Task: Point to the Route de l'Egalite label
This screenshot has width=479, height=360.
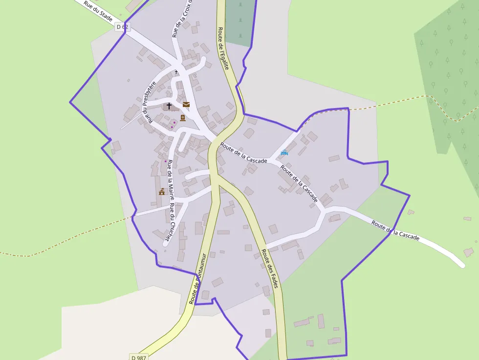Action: pyautogui.click(x=223, y=48)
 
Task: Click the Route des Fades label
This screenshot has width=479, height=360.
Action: pyautogui.click(x=269, y=268)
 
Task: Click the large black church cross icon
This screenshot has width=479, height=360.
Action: pyautogui.click(x=169, y=106)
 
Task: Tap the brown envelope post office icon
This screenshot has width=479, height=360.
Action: pyautogui.click(x=186, y=104)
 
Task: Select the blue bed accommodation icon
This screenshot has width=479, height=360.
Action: pyautogui.click(x=284, y=153)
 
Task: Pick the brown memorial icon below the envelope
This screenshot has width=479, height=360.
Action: pyautogui.click(x=183, y=118)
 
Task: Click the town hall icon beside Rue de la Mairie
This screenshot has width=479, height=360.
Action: pyautogui.click(x=162, y=191)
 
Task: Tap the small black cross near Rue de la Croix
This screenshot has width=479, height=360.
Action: pyautogui.click(x=176, y=72)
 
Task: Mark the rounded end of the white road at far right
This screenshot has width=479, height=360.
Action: pyautogui.click(x=461, y=265)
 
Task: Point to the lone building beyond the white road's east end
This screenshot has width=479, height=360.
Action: pyautogui.click(x=469, y=252)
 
